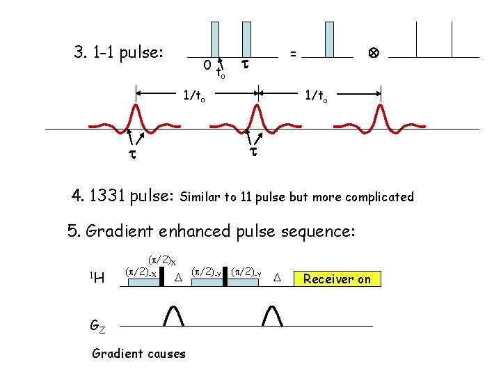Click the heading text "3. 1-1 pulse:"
pyautogui.click(x=118, y=52)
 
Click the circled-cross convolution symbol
pyautogui.click(x=373, y=52)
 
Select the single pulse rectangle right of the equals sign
pyautogui.click(x=329, y=38)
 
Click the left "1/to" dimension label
pyautogui.click(x=193, y=97)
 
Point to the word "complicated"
pyautogui.click(x=379, y=197)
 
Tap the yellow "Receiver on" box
pyautogui.click(x=337, y=279)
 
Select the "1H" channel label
pyautogui.click(x=98, y=279)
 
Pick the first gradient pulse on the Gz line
pyautogui.click(x=173, y=315)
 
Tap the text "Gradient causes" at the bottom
pyautogui.click(x=138, y=354)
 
